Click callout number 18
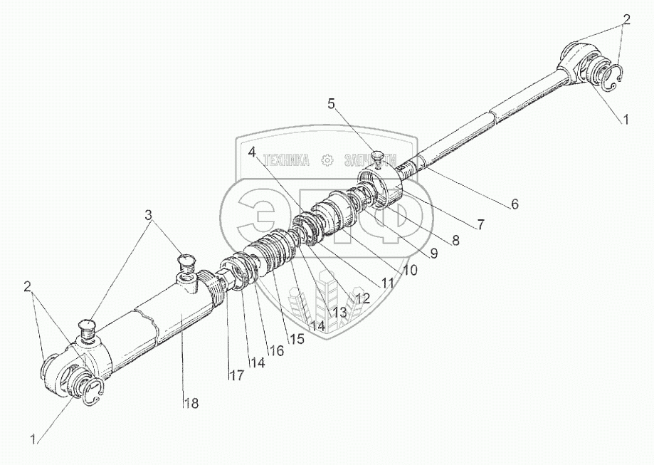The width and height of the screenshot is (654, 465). (x=191, y=403)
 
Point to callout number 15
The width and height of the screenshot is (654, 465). (x=296, y=339)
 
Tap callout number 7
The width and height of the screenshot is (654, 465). (x=481, y=224)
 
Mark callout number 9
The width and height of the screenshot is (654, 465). (x=434, y=253)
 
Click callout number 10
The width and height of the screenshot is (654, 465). (x=410, y=271)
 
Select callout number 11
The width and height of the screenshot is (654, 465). (x=386, y=283)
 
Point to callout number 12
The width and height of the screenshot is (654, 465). (x=363, y=299)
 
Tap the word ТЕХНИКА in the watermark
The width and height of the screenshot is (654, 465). (x=286, y=160)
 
